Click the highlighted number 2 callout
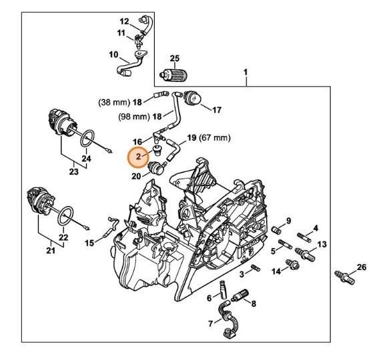coord(138,157)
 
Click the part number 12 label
coord(125,21)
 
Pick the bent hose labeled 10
coord(132,67)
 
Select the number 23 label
coord(73,171)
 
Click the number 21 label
coord(51,250)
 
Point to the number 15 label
coord(89,243)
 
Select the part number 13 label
coord(322,244)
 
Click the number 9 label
coord(290,221)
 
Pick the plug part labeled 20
coord(155,168)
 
